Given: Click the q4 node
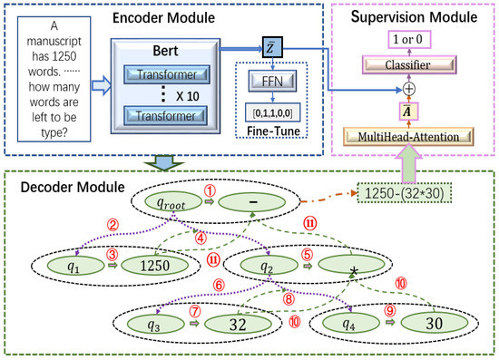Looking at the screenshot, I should (x=343, y=324).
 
